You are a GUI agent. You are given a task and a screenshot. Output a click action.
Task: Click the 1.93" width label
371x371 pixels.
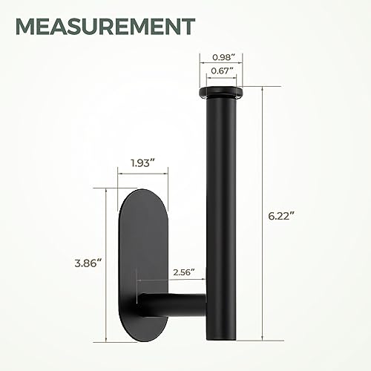coord(142,162)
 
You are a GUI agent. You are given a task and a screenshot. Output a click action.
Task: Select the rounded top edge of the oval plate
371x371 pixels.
coord(142,194)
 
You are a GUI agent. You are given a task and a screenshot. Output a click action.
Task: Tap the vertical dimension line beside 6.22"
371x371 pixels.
coord(260,215)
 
